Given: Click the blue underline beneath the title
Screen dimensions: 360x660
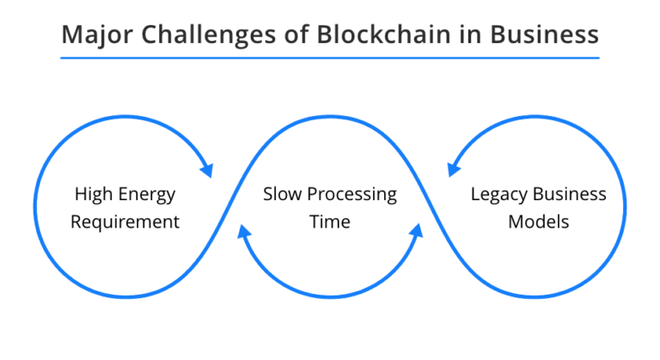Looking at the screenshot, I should click(330, 58).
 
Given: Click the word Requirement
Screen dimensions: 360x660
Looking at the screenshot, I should click(125, 222).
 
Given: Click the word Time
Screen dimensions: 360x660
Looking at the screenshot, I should click(330, 222).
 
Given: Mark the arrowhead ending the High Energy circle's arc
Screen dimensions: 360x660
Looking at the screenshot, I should click(206, 169).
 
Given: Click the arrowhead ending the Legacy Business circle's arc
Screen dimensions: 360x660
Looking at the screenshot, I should click(453, 169).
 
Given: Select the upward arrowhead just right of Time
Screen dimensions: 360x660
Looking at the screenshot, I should click(417, 230).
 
